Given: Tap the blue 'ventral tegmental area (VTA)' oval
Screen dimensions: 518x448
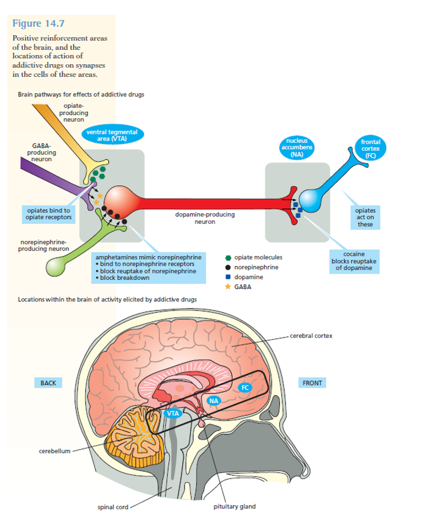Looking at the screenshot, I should [x=112, y=135].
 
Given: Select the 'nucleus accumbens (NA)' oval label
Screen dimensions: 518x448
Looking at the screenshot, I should [x=296, y=148].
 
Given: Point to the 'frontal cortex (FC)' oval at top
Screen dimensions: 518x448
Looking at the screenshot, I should [x=371, y=148].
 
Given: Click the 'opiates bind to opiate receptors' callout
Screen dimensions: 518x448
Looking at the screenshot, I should [x=48, y=214].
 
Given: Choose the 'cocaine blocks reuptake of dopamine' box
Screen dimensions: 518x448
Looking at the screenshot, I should [x=355, y=261].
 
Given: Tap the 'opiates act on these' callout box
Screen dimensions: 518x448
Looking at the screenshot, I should [x=365, y=217].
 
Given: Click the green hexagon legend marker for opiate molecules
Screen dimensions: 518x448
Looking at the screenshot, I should [x=228, y=258].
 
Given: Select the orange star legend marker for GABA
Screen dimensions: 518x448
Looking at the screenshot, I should [x=228, y=287].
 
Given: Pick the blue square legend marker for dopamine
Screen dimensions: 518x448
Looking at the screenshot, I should [x=228, y=277].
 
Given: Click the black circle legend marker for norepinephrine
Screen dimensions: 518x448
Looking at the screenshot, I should [x=228, y=267].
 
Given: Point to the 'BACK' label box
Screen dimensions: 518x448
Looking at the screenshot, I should [x=48, y=383].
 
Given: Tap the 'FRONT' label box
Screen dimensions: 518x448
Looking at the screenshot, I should [x=312, y=383].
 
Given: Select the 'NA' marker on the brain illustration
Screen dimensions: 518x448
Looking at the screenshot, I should [x=214, y=401].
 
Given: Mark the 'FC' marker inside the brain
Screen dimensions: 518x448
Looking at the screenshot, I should [x=245, y=388].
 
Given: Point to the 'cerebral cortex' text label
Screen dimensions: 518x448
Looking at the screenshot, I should [x=311, y=335].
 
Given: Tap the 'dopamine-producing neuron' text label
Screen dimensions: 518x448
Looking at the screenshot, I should [x=204, y=218].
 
